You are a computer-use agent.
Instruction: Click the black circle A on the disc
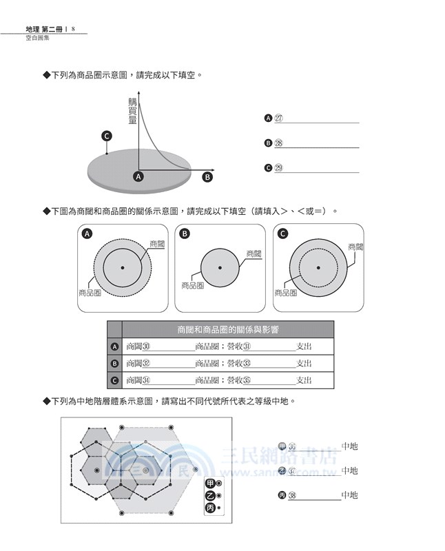click(x=138, y=176)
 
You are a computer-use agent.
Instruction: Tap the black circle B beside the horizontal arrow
click(x=207, y=176)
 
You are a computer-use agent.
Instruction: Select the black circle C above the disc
click(x=107, y=136)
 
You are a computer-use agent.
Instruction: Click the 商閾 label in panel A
click(x=157, y=244)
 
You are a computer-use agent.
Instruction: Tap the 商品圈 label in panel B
click(x=192, y=285)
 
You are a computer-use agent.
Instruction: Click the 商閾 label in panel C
click(x=355, y=247)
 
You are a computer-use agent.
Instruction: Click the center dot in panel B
click(x=220, y=267)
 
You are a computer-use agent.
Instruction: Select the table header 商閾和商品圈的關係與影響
click(x=227, y=329)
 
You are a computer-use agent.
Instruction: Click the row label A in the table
click(x=114, y=346)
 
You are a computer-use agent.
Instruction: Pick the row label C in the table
click(x=114, y=380)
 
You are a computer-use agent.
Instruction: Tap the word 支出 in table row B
click(x=304, y=364)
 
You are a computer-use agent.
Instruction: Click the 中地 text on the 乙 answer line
click(x=349, y=470)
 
